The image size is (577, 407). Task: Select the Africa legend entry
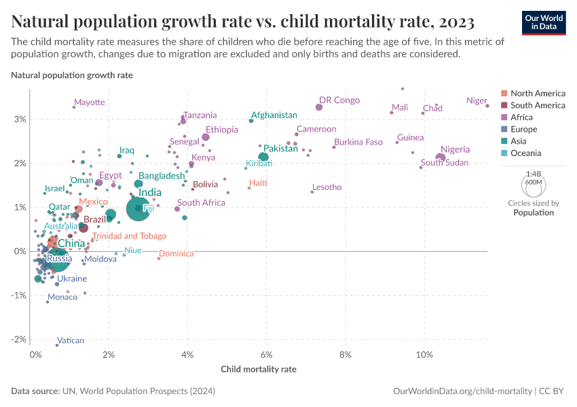523,117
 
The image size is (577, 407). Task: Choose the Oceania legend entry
526,153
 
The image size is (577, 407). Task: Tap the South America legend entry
538,105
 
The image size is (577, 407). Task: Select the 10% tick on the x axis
424,355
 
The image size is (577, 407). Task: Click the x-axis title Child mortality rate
259,370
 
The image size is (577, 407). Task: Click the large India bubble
138,208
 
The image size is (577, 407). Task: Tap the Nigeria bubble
441,158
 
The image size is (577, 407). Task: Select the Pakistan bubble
263,157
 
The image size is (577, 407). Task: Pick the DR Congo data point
319,107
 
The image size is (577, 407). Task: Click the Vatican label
71,341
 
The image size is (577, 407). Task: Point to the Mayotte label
90,102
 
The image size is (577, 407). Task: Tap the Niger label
477,101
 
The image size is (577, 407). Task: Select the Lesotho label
327,187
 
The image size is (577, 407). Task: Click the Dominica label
176,253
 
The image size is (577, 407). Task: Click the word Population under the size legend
533,212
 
